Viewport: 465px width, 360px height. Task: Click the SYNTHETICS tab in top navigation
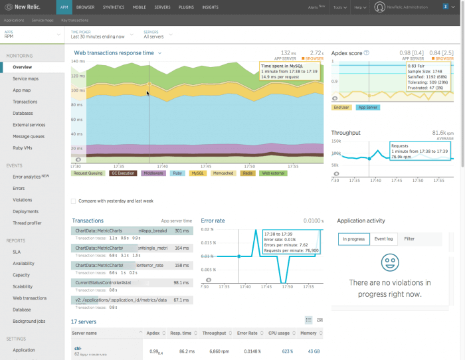pos(113,7)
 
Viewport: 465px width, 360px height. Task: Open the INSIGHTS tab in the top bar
pos(210,7)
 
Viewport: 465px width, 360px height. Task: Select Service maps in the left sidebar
pos(25,79)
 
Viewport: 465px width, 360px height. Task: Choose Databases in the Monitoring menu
pos(24,113)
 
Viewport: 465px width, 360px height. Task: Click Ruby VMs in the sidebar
pos(23,147)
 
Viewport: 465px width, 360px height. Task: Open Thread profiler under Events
pos(27,223)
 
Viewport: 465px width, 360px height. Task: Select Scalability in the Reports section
pos(24,286)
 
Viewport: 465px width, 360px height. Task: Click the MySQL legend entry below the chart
pos(198,173)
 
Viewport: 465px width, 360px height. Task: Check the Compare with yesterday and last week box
pos(73,201)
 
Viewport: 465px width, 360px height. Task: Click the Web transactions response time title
pos(115,52)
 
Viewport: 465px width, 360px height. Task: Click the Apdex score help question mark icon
pos(367,52)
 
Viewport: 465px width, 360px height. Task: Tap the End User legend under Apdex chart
pos(341,106)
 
